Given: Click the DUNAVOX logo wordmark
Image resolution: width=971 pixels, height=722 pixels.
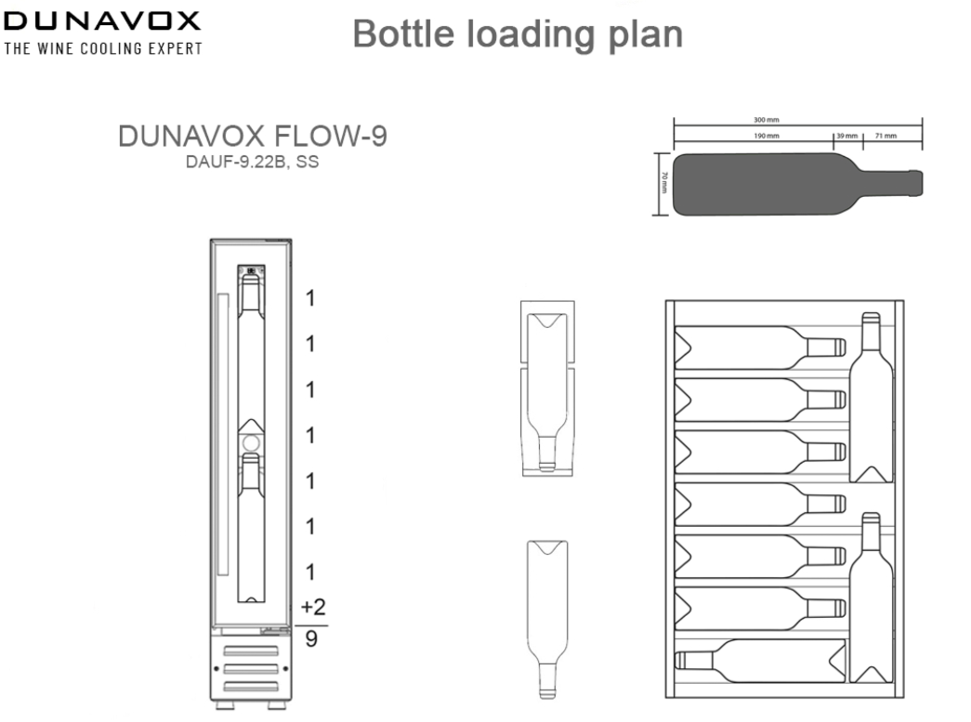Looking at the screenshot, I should coord(102,20).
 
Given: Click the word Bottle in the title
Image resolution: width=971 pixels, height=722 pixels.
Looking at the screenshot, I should coord(407,34).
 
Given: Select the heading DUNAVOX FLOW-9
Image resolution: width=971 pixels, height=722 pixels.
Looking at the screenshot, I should coord(252,137).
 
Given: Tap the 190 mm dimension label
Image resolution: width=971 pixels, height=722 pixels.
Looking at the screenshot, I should coord(767,137).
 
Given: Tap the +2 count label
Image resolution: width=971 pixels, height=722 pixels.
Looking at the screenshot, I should coord(314,607).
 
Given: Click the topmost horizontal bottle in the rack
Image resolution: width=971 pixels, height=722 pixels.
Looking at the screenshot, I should coord(757,347).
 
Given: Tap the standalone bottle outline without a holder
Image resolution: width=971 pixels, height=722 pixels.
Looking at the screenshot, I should coord(546,613).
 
